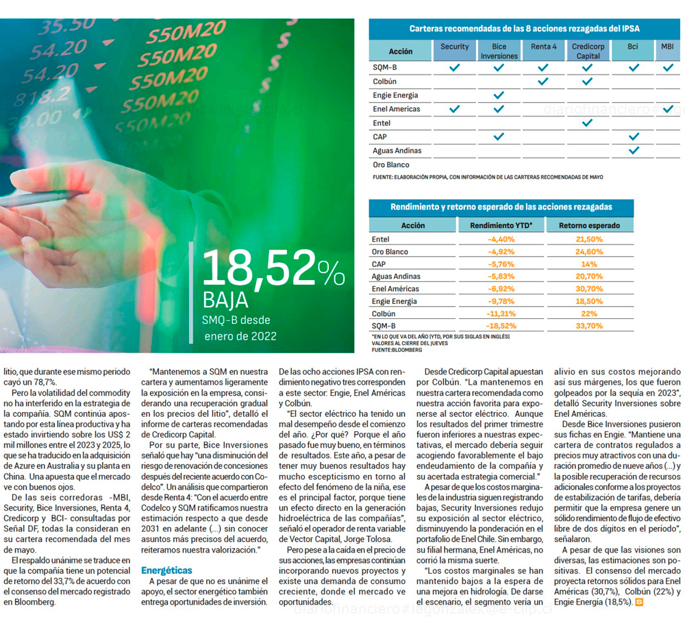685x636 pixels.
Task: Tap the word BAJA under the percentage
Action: [225, 301]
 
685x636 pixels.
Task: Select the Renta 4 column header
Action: [543, 47]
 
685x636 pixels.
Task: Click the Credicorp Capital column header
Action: [587, 51]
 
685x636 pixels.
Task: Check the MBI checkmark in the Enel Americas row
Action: [668, 109]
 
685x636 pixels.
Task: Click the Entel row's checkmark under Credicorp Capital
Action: [587, 123]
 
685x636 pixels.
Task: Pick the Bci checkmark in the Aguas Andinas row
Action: [634, 151]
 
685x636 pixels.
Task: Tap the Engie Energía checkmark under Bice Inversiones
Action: [499, 95]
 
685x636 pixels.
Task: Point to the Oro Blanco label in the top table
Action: [390, 165]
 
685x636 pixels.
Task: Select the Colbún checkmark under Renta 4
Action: [543, 81]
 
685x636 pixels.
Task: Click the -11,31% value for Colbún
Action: [501, 314]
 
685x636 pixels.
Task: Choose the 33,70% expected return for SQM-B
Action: [589, 326]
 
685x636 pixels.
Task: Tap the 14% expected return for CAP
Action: [589, 264]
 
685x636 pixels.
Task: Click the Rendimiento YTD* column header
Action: [501, 225]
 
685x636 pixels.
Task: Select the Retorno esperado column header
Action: [589, 225]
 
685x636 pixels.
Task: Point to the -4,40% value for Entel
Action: [501, 240]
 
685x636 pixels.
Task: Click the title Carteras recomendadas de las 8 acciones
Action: [524, 29]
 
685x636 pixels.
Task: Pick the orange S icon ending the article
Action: [639, 602]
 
